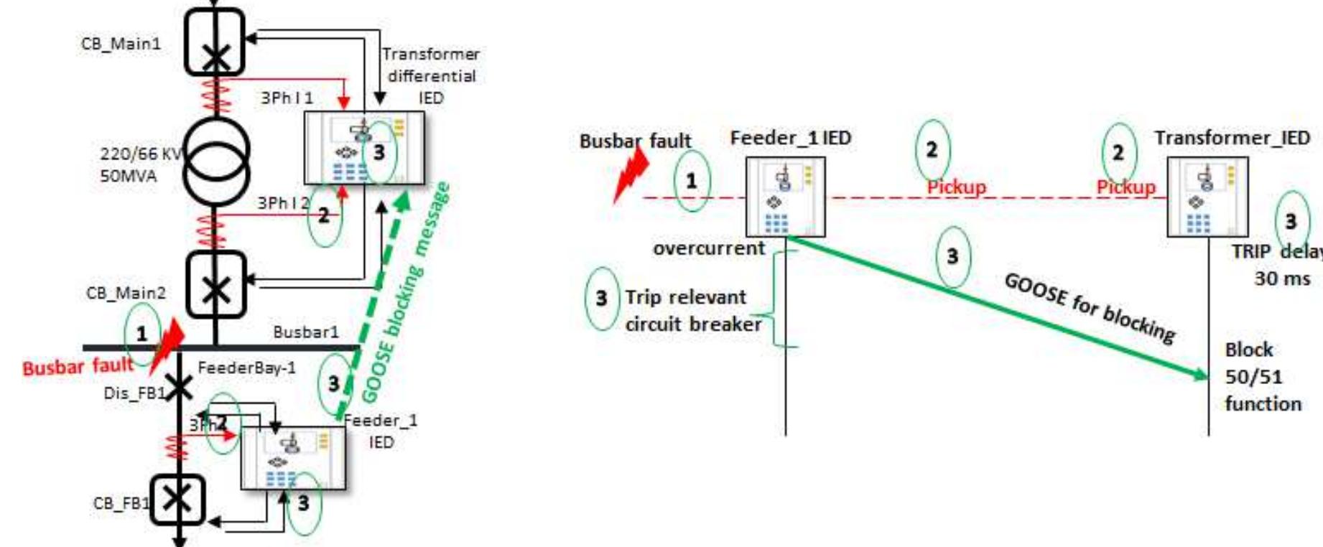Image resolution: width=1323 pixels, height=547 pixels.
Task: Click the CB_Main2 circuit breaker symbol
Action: (215, 284)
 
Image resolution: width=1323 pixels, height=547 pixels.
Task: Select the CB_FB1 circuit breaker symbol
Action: (177, 500)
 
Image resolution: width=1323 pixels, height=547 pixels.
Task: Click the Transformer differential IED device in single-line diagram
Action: (363, 148)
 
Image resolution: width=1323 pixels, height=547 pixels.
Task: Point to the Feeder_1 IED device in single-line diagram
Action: (293, 458)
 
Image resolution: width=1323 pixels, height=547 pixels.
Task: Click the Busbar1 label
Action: (305, 332)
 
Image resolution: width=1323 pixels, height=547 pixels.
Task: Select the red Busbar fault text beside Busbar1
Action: (78, 367)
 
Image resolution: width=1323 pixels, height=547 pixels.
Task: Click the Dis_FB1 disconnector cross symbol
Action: (177, 388)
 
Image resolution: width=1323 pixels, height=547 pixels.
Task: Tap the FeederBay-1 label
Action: (246, 368)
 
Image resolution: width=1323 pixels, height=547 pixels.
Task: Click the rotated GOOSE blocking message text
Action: (406, 294)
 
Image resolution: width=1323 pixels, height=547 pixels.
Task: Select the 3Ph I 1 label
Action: (286, 98)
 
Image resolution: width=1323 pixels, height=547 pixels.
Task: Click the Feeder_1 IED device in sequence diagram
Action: (786, 197)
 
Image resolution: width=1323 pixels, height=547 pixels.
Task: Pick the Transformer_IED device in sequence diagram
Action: (1207, 197)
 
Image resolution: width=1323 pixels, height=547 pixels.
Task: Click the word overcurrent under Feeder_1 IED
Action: (709, 248)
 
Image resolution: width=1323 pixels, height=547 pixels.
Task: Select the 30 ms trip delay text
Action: (1282, 279)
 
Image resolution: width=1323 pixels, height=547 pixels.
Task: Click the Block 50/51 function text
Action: (1262, 377)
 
